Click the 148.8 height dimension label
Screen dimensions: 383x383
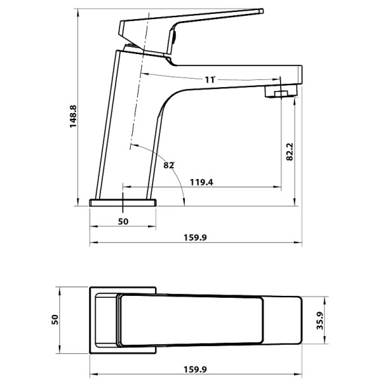click(73, 116)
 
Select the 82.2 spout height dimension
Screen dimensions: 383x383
click(289, 151)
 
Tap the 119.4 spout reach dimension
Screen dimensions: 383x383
click(201, 182)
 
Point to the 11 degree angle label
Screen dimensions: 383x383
click(210, 80)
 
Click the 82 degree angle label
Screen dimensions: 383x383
click(169, 165)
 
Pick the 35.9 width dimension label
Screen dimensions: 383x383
click(320, 321)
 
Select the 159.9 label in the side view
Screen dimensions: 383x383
click(195, 238)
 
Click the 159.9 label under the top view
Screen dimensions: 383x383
click(195, 369)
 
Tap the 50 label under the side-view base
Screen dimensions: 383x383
click(123, 221)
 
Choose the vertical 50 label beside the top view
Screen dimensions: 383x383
click(55, 320)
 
